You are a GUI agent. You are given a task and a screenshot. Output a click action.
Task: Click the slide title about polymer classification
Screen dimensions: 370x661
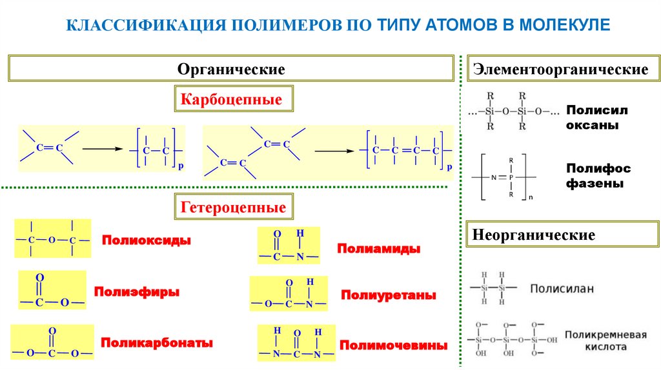tap(338, 25)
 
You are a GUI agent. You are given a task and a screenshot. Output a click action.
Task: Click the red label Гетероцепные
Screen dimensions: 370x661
tap(233, 208)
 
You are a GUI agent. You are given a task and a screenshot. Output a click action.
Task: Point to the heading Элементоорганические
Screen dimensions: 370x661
tap(560, 69)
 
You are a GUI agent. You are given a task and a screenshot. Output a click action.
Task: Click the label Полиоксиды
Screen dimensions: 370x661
tap(146, 240)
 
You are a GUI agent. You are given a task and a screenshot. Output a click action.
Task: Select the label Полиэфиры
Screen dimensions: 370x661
tap(137, 291)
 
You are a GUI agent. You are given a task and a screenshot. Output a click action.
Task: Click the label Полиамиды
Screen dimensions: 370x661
tap(379, 248)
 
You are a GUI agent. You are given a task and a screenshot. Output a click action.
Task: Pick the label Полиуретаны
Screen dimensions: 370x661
tap(389, 295)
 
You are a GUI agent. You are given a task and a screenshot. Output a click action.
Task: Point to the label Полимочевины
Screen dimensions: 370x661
tap(394, 346)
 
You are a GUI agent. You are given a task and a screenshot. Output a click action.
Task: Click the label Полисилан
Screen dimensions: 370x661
tap(562, 288)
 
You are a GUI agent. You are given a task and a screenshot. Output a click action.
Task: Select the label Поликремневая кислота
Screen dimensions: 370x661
tap(605, 340)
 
